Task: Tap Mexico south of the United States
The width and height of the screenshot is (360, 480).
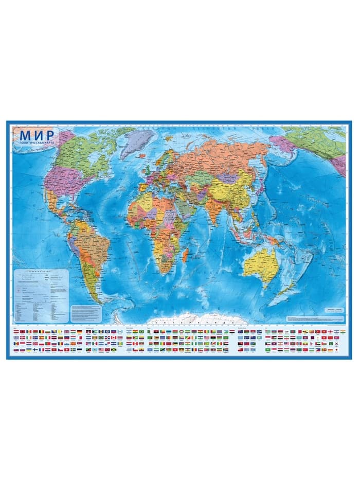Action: (57, 201)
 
